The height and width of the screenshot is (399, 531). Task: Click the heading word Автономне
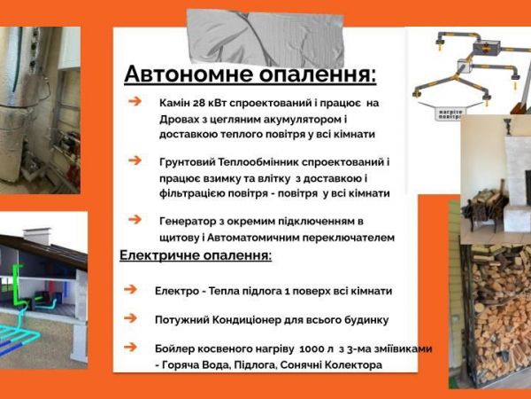189,74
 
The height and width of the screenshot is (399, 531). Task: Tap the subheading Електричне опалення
196,255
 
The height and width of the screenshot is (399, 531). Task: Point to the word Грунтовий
188,162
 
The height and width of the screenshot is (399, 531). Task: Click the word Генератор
186,222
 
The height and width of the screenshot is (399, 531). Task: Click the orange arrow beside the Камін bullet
135,101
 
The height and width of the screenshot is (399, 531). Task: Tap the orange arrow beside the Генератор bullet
135,220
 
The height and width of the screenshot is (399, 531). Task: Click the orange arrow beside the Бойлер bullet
130,347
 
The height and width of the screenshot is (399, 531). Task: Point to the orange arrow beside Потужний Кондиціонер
130,318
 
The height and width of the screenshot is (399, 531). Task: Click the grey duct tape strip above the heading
265,37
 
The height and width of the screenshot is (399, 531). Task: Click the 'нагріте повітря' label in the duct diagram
450,113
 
